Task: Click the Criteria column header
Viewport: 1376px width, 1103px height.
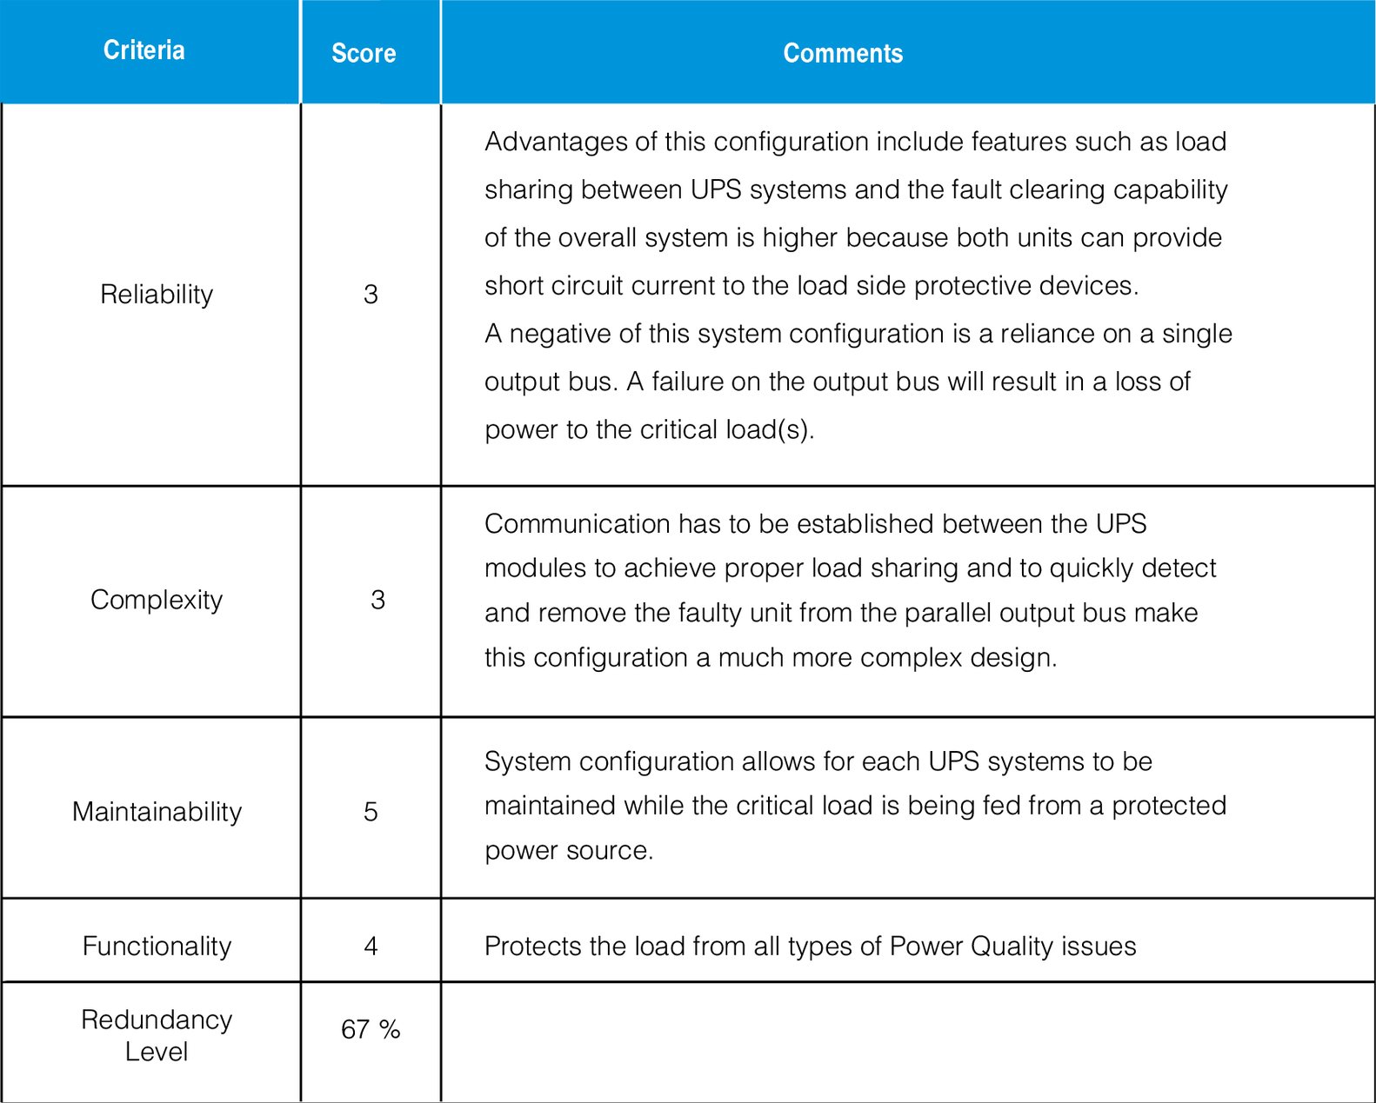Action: (x=144, y=50)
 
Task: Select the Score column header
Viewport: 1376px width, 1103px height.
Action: (x=364, y=53)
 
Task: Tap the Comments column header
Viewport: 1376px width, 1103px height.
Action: (x=843, y=53)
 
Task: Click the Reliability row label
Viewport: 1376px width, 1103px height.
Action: (x=157, y=295)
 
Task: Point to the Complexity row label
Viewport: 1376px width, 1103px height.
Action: (x=157, y=600)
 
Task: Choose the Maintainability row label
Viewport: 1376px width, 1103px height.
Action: (x=157, y=812)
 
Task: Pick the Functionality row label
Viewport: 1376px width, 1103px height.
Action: (x=157, y=946)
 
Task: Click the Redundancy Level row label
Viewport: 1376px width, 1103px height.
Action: (x=157, y=1035)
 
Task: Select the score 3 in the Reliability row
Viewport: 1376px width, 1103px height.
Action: (x=371, y=295)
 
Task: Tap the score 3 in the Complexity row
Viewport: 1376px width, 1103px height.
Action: (x=377, y=600)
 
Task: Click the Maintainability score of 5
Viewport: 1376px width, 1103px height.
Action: (x=371, y=812)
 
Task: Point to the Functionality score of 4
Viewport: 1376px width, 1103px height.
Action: (x=371, y=946)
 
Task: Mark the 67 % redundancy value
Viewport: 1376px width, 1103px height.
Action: (x=371, y=1030)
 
